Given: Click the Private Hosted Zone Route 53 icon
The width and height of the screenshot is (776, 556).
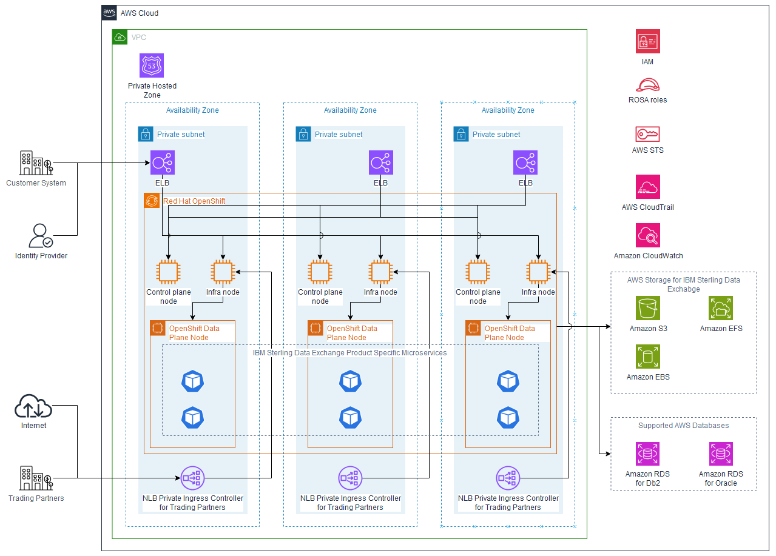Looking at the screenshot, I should click(152, 65).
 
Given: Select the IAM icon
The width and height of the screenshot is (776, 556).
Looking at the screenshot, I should click(647, 42).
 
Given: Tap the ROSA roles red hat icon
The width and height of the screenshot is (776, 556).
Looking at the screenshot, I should click(647, 85).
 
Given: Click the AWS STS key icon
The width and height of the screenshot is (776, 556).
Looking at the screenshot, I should click(647, 134).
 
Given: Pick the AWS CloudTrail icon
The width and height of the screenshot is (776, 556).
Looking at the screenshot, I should click(647, 187).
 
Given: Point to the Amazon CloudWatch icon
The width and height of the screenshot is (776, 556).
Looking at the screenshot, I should click(647, 235).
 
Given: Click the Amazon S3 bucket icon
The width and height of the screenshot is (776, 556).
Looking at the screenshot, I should click(648, 308).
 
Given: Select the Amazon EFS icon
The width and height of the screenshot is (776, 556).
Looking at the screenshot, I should click(721, 308).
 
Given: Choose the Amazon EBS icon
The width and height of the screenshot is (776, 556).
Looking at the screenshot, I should click(648, 357).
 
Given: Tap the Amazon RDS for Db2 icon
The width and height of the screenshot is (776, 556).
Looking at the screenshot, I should click(648, 454).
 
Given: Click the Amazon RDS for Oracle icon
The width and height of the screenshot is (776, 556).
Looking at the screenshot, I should click(721, 454).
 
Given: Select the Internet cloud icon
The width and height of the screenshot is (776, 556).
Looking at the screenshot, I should click(33, 406).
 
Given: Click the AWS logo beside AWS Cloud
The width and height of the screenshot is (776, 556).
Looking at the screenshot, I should click(109, 13).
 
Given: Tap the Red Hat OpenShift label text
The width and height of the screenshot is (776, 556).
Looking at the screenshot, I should click(194, 201).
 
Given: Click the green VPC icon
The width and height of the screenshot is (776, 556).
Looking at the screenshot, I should click(120, 37).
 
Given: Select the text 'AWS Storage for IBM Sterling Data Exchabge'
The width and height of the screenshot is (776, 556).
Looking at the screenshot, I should click(683, 284).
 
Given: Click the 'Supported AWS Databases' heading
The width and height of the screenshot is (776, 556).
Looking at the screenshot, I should click(683, 426).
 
